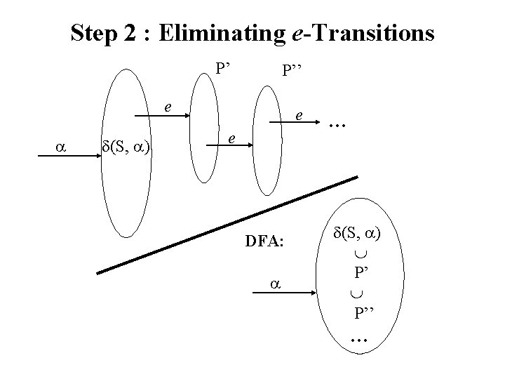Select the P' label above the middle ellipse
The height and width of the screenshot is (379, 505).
(x=224, y=69)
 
